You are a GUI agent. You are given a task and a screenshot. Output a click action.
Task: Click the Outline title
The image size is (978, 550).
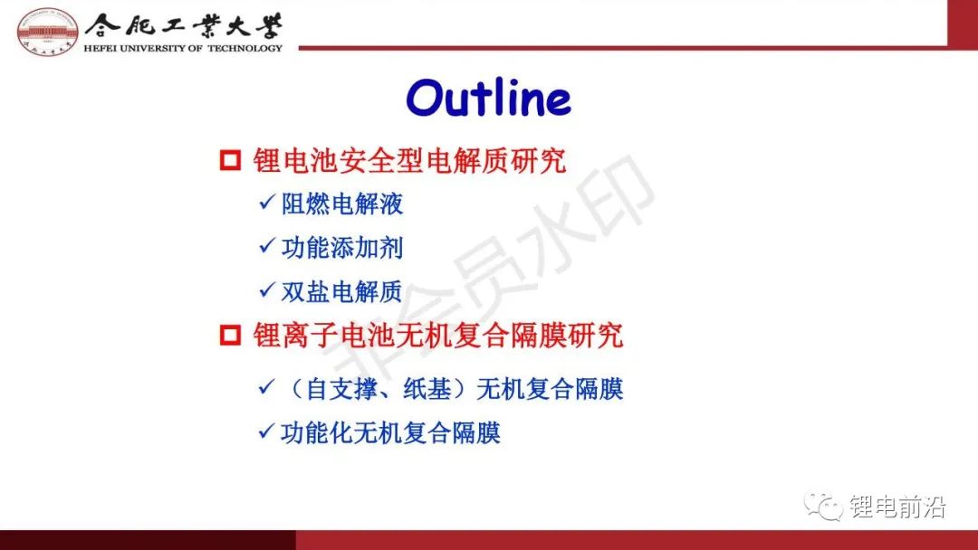(x=488, y=98)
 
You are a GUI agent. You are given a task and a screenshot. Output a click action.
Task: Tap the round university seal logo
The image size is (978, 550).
(x=47, y=32)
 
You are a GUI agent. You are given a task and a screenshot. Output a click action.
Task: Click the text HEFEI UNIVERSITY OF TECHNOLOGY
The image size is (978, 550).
(x=183, y=48)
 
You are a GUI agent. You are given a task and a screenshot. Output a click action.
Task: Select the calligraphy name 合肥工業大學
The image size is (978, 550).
(x=183, y=25)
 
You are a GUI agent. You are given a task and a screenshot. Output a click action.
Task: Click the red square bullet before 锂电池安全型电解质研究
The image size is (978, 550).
(x=230, y=160)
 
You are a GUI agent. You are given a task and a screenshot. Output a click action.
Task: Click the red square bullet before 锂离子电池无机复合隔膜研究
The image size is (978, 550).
(x=230, y=335)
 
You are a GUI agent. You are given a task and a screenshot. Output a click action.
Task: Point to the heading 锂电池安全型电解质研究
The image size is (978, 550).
(x=409, y=161)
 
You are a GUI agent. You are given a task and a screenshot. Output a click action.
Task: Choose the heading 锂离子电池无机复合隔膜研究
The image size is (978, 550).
(x=438, y=335)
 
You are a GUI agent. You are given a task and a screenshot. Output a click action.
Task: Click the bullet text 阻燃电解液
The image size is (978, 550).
(x=341, y=204)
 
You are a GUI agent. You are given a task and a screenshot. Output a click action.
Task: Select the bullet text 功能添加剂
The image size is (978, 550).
(x=341, y=247)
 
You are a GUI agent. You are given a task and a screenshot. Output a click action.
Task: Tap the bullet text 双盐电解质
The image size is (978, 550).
(x=341, y=291)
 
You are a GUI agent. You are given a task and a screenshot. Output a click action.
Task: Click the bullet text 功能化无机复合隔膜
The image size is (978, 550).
(x=390, y=432)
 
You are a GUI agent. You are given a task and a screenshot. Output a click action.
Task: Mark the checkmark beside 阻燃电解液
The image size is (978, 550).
(x=267, y=202)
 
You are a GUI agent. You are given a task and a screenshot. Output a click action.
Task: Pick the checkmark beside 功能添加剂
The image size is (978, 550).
(x=267, y=245)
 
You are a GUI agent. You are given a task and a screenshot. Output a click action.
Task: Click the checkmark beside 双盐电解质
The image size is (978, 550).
(x=267, y=289)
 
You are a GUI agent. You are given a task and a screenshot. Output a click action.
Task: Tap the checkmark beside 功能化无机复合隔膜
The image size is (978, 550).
(x=267, y=431)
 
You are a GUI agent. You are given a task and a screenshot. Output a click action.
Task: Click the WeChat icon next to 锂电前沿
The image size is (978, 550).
(x=823, y=506)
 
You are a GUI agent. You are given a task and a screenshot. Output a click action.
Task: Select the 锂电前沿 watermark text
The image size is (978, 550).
(x=897, y=507)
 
